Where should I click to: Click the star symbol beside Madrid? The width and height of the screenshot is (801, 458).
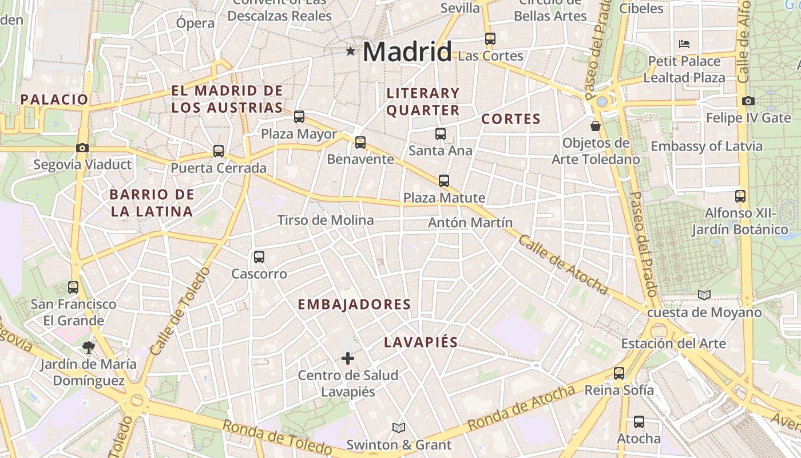point(351,52)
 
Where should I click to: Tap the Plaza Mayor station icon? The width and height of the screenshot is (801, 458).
point(299,117)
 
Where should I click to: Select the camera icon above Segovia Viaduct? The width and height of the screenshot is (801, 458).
point(82,148)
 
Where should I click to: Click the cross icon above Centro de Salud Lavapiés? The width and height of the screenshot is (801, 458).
point(347,358)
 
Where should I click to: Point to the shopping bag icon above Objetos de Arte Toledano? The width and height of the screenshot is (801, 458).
point(596,125)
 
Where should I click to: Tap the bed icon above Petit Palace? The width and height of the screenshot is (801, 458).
point(684,44)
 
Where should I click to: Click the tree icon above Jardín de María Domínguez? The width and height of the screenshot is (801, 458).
point(88,346)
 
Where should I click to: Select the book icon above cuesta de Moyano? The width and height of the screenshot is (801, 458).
point(704,295)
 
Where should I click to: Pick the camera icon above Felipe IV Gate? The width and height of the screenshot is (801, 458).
point(748,101)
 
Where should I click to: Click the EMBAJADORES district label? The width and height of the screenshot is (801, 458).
point(354,305)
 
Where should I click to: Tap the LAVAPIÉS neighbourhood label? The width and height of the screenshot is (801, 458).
point(421,342)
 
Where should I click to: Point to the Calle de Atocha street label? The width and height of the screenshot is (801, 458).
point(563,264)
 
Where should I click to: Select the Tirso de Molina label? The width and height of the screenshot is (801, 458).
point(326,220)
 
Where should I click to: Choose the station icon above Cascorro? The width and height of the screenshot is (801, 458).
point(259,257)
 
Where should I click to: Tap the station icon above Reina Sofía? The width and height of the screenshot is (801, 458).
point(618,373)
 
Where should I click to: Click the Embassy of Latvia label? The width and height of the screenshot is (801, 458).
point(707,146)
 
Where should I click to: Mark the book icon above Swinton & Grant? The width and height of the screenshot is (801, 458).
point(399,428)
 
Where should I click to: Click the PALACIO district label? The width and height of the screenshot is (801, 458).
point(54,99)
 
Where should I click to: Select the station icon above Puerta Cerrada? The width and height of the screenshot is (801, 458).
point(219,151)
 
